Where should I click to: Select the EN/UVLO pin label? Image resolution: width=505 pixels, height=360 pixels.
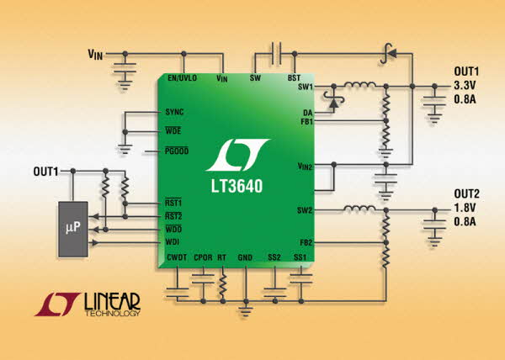pyautogui.click(x=182, y=78)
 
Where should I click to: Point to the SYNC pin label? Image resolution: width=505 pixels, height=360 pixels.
pyautogui.click(x=175, y=112)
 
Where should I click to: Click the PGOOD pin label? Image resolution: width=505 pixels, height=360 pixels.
pyautogui.click(x=177, y=151)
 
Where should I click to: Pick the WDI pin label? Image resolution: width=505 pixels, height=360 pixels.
pyautogui.click(x=173, y=243)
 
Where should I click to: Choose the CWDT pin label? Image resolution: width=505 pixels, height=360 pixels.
pyautogui.click(x=177, y=257)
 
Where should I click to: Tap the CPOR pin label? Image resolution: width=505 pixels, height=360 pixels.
pyautogui.click(x=202, y=257)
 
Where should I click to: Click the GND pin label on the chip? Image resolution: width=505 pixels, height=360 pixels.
pyautogui.click(x=245, y=257)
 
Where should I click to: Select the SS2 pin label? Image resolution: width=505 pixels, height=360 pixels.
pyautogui.click(x=274, y=257)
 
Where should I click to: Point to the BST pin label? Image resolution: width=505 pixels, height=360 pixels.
pyautogui.click(x=294, y=78)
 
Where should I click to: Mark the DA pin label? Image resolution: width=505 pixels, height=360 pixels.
pyautogui.click(x=308, y=112)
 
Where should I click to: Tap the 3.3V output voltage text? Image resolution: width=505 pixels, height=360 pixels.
pyautogui.click(x=465, y=86)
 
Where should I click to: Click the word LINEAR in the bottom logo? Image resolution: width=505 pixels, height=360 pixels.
pyautogui.click(x=112, y=300)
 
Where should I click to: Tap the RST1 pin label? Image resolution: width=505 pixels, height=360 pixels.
pyautogui.click(x=173, y=203)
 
